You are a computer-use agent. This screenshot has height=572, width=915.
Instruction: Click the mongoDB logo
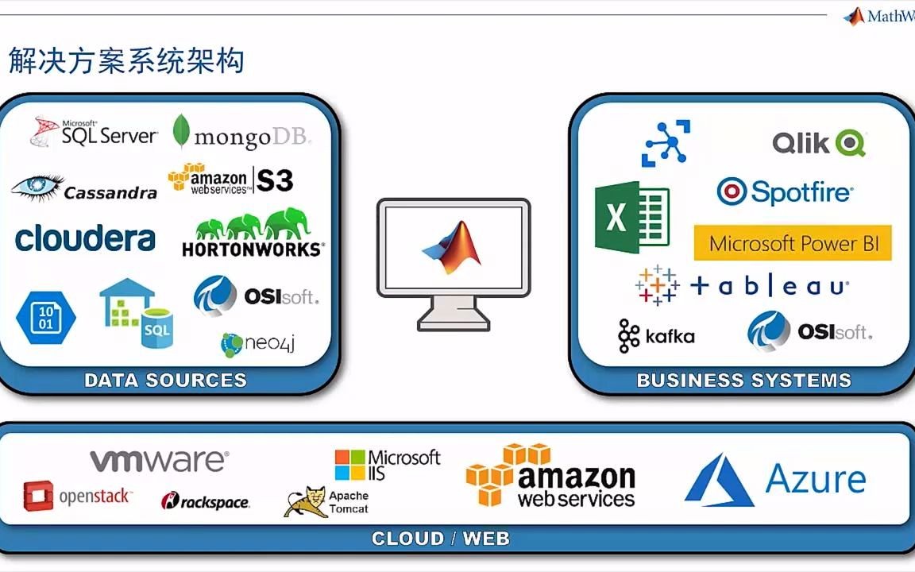coord(241,134)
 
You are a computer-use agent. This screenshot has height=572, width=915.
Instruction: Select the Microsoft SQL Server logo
coord(94,133)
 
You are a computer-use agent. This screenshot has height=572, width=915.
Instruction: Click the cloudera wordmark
coord(85,238)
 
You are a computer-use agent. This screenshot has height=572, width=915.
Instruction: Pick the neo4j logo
coord(258,344)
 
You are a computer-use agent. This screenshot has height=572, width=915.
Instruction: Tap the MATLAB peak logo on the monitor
coord(452,242)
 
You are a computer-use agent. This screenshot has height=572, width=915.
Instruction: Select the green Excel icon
coord(631,217)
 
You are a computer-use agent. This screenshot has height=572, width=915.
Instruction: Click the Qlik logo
coord(818,143)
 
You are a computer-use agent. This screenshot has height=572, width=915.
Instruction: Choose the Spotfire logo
coord(785,191)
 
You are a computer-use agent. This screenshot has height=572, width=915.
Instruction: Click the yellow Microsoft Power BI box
coord(793,243)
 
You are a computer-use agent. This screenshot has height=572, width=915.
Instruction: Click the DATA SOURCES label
coord(165,381)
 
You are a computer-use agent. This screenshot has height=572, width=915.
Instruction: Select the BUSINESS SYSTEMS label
coord(743,381)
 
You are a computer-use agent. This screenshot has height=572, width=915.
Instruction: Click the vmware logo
coord(159,461)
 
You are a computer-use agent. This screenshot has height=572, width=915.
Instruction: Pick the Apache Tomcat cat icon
coord(305,501)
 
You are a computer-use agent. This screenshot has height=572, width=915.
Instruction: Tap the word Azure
coord(815,479)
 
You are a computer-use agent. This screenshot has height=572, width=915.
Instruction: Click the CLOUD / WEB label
coord(440,539)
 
